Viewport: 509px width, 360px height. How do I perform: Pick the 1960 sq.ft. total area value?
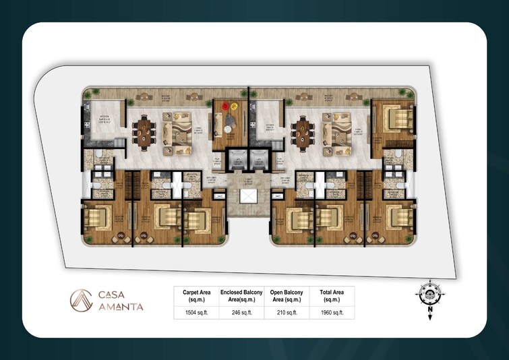[333, 313]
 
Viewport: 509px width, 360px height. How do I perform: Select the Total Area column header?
[333, 296]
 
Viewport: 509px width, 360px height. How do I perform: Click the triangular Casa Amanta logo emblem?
[82, 300]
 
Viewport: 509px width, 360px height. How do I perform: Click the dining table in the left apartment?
[145, 129]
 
